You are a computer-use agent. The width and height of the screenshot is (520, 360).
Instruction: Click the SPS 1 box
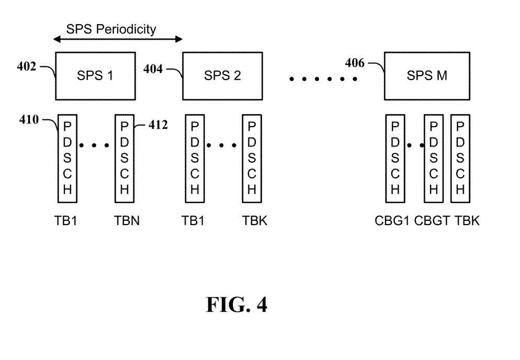click(x=95, y=76)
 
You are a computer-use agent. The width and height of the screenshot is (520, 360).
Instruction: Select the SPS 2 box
click(x=222, y=76)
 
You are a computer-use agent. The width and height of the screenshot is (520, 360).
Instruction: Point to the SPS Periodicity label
click(x=111, y=29)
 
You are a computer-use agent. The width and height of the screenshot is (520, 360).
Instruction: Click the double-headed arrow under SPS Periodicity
click(x=118, y=39)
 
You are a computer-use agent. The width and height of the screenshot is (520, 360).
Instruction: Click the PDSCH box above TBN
click(x=124, y=158)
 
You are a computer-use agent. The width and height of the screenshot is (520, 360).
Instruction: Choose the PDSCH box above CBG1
click(x=395, y=158)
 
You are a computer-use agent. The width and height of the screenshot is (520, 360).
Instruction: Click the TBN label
click(x=127, y=221)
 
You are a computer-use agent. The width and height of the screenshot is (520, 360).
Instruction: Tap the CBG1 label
click(x=392, y=221)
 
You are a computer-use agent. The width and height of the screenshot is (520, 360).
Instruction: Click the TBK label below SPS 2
click(x=255, y=221)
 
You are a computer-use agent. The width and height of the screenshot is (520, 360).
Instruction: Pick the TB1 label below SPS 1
click(x=67, y=221)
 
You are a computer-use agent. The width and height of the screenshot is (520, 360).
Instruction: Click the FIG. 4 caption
click(x=236, y=305)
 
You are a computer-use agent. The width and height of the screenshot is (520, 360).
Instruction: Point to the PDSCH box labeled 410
click(x=67, y=158)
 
